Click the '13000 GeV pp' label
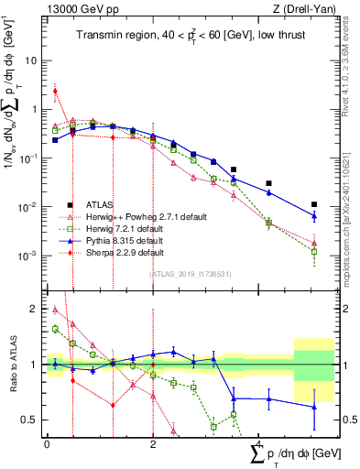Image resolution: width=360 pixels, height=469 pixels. coord(82,9)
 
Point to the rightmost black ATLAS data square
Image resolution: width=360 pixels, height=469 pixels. coord(314,204)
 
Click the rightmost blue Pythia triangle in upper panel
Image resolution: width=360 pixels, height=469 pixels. coord(314,216)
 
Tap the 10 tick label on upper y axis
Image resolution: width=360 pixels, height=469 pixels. coord(31,60)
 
